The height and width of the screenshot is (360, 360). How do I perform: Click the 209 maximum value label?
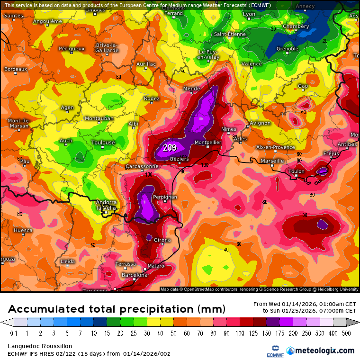[170, 147]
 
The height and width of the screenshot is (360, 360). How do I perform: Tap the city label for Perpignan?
[165, 197]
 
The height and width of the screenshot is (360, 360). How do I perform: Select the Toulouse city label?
[103, 142]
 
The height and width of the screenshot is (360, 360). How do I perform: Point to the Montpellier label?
[208, 142]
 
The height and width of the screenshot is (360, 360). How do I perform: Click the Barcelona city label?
[135, 275]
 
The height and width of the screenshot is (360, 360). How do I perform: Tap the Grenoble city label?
[288, 49]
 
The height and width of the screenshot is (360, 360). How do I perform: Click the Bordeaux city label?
[16, 69]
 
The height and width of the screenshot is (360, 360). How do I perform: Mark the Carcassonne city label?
[142, 167]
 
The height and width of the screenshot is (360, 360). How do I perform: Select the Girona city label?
[162, 240]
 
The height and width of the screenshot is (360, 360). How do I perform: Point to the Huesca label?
[23, 230]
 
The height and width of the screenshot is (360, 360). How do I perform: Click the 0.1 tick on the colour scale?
[14, 333]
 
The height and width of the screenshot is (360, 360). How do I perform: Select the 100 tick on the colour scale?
[243, 333]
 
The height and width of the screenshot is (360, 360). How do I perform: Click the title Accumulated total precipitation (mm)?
[117, 309]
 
